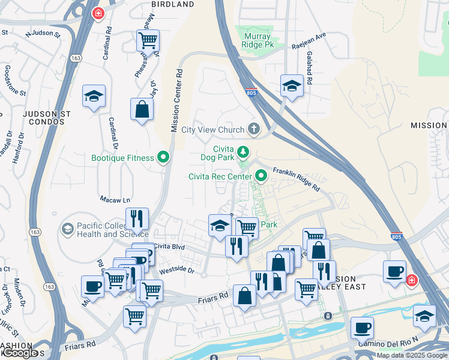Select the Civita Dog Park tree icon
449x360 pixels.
(x=243, y=151)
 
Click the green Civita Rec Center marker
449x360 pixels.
(x=261, y=176)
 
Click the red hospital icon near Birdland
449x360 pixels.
(x=97, y=13)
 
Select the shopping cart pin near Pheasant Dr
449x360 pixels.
(x=147, y=41)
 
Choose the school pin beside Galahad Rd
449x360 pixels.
(x=291, y=86)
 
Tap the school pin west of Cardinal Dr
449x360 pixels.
(x=94, y=96)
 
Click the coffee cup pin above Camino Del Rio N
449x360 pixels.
(x=362, y=328)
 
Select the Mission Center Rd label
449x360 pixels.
(x=176, y=101)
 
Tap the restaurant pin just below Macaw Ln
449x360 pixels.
(x=137, y=219)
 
